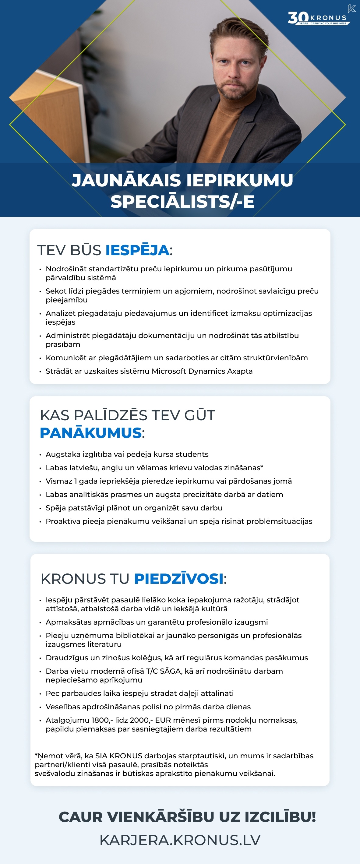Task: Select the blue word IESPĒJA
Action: click(x=137, y=250)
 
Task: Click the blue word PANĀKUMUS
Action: click(x=90, y=433)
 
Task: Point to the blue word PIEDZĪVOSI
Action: click(x=179, y=579)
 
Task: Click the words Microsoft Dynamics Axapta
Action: click(x=202, y=371)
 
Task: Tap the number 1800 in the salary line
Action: click(x=100, y=720)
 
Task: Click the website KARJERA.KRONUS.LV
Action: click(x=180, y=840)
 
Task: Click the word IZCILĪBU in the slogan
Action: click(x=280, y=817)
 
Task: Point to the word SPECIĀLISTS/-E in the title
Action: click(x=182, y=202)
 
